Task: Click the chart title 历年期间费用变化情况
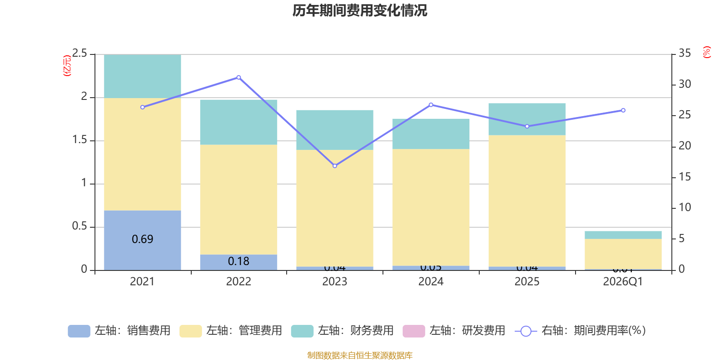360,10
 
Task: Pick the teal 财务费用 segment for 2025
526,119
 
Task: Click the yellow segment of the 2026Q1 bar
623,254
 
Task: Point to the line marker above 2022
238,77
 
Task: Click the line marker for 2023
335,166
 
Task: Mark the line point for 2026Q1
623,110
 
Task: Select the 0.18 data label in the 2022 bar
238,261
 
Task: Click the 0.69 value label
142,239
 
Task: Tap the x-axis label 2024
431,282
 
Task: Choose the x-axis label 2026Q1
623,282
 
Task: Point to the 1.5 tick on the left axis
80,140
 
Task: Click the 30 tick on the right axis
685,84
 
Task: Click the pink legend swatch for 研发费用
414,331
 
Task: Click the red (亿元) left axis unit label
67,66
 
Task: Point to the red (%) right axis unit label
706,52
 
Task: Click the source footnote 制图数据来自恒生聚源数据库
360,355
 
